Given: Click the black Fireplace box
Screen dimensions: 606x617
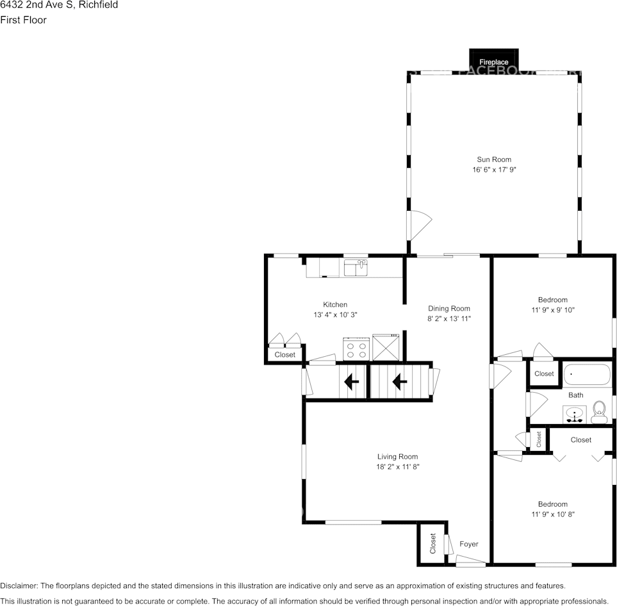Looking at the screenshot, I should [493, 59].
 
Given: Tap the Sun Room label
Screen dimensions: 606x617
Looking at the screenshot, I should [493, 160].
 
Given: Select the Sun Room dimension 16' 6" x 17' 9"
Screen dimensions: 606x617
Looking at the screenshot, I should [493, 170].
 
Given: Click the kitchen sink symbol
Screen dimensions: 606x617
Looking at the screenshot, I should [356, 267].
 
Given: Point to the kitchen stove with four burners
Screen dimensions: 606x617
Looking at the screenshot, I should [357, 348].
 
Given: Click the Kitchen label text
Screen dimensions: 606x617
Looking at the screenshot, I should [335, 304].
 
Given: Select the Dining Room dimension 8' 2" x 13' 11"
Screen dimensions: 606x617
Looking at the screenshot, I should [448, 318].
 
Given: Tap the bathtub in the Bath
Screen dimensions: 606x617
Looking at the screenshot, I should [587, 374].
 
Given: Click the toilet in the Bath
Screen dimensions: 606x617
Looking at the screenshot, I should [599, 411].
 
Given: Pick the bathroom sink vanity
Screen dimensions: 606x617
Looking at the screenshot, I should [575, 415].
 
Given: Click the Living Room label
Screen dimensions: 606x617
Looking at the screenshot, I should [397, 457].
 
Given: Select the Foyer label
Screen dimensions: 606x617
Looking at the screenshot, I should [468, 544].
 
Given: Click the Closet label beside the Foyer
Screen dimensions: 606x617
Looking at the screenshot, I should [432, 544].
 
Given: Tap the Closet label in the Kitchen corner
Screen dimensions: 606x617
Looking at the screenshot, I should [285, 354].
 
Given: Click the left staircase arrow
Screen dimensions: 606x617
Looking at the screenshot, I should [351, 382].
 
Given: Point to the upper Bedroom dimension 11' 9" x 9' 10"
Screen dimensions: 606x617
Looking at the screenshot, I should [552, 310].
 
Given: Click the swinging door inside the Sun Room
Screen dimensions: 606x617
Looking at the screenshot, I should [420, 225].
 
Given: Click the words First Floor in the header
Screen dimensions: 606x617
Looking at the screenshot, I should [23, 20].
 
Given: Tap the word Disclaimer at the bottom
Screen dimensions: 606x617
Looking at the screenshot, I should [19, 586].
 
